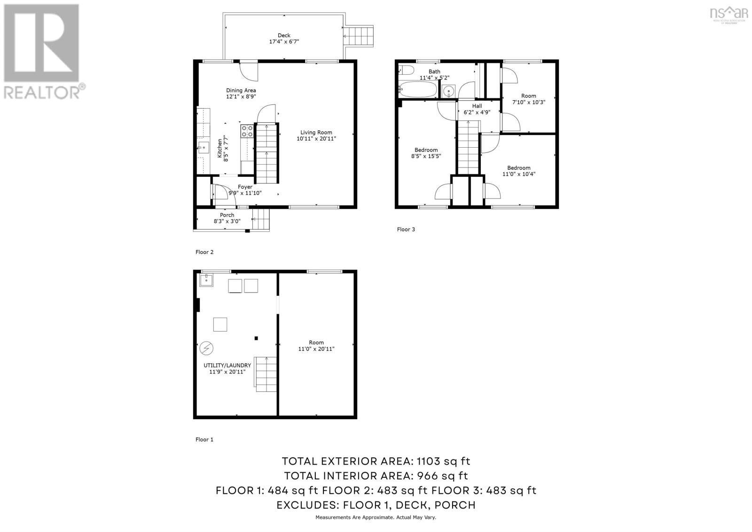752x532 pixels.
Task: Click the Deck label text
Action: click(284, 35)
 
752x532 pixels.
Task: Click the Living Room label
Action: click(316, 133)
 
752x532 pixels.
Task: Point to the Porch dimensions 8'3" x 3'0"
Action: click(227, 221)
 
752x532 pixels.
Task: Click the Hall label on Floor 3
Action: click(477, 106)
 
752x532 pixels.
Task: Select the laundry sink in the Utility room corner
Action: click(206, 280)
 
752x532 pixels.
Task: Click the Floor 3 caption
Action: click(406, 230)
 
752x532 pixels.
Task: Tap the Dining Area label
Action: click(241, 90)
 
